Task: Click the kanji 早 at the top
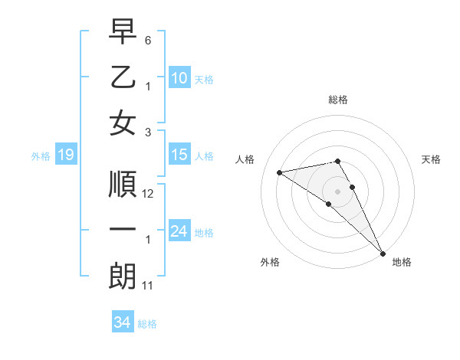tap(123, 32)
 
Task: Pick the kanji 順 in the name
tap(123, 185)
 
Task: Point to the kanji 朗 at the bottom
tap(123, 277)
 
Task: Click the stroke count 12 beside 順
tap(149, 194)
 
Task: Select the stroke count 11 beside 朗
tap(148, 286)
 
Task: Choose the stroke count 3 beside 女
tap(148, 132)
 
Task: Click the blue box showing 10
tap(179, 77)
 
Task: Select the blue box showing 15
tap(179, 155)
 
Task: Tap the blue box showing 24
tap(179, 231)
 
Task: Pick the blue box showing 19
tap(65, 155)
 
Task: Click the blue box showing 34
tap(122, 323)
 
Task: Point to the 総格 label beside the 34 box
tap(147, 324)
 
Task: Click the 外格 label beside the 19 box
tap(41, 156)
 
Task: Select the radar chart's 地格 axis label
tap(402, 262)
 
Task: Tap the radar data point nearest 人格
tap(280, 172)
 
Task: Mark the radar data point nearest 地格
tap(382, 254)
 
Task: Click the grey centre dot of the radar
tap(338, 191)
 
